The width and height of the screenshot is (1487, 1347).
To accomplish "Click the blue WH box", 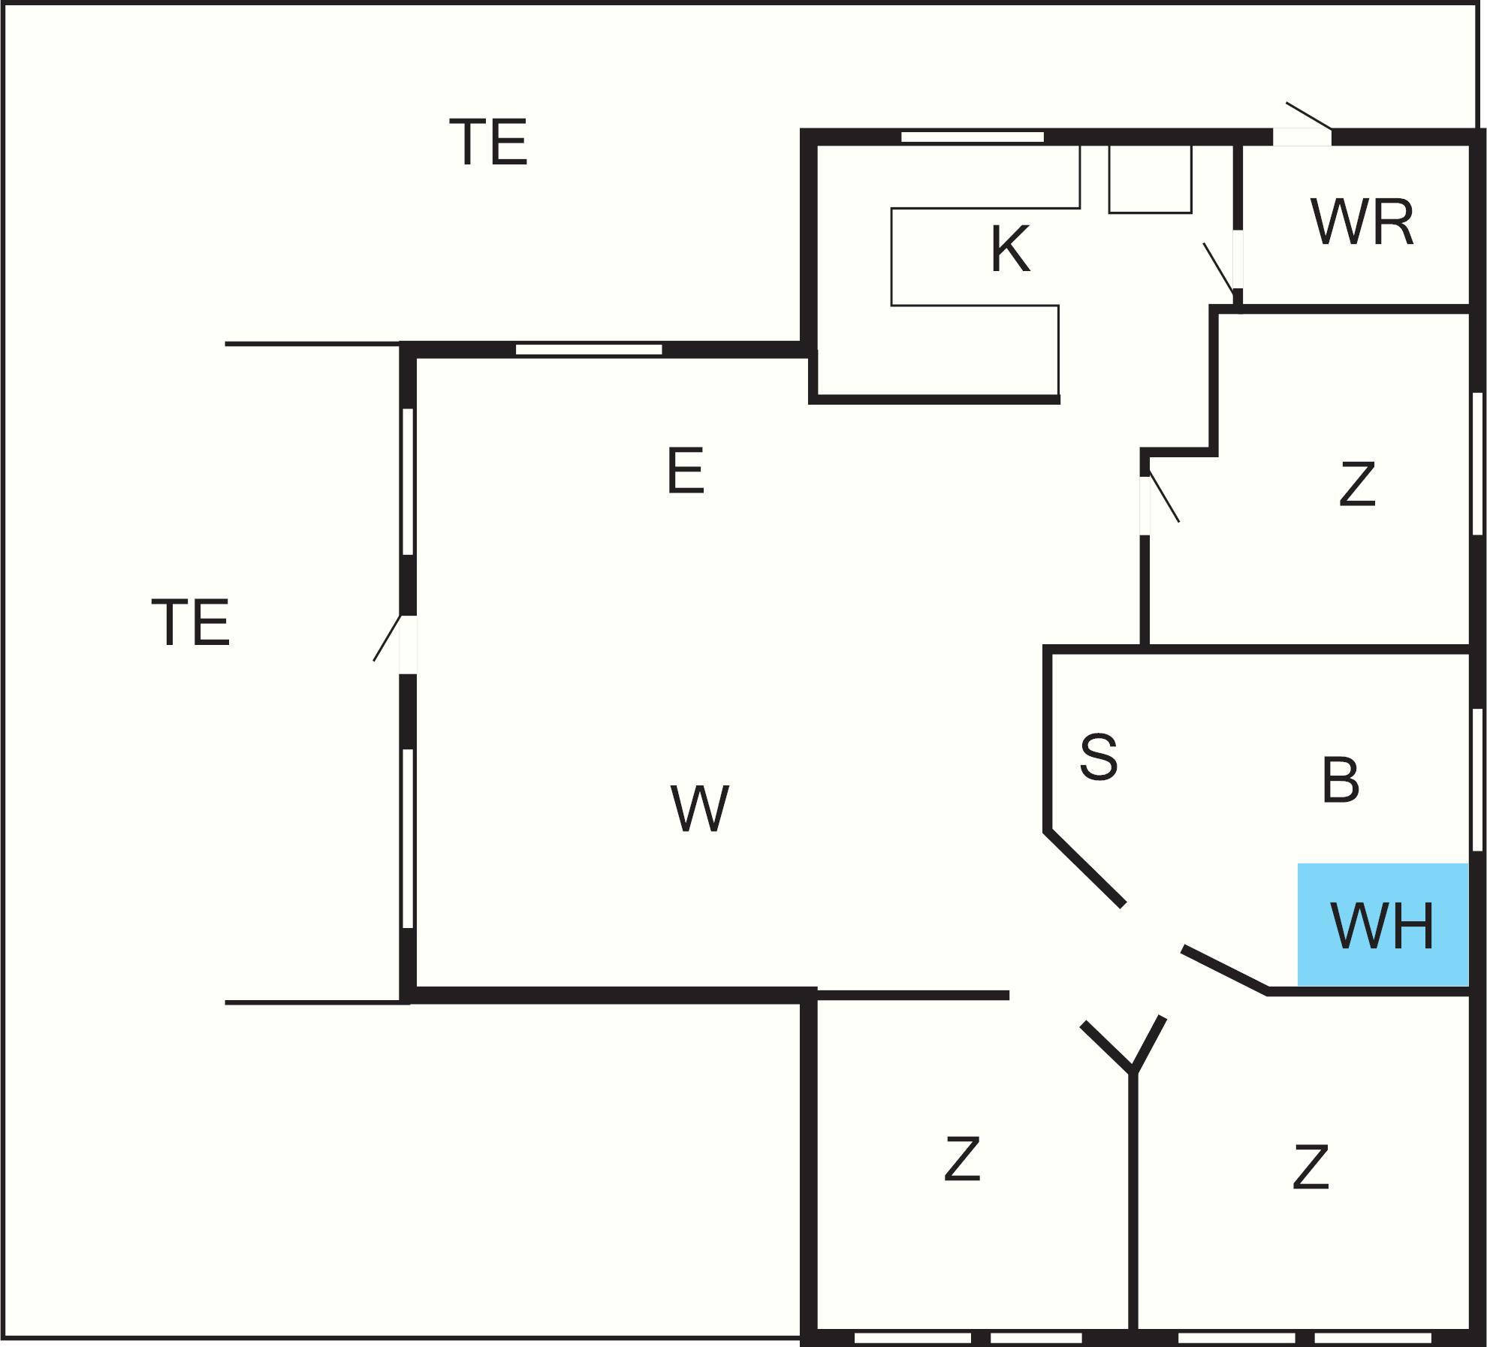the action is pos(1383,924).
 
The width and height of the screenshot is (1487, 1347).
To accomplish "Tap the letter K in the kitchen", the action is pos(1010,249).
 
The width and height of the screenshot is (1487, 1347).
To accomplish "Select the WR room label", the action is pos(1362,222).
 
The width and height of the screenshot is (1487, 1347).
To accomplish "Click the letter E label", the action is pos(686,471).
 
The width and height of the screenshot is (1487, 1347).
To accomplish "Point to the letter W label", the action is pos(699,809).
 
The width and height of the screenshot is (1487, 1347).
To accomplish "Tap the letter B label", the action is pos(1340,780).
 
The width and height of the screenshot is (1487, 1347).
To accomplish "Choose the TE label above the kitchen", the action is pos(489,142).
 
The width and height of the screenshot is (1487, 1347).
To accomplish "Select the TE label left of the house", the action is pos(191,622).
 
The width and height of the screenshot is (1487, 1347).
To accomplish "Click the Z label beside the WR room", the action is pos(1357,484).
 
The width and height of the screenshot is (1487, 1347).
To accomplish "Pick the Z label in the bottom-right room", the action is pos(1311,1167).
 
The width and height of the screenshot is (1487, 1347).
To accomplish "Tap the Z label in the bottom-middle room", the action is pos(962,1159).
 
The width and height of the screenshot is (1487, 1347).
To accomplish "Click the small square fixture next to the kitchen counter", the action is pos(1151,179).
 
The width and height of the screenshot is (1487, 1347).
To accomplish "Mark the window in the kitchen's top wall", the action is pos(973,137).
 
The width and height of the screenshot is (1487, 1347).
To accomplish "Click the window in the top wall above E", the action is pos(589,349).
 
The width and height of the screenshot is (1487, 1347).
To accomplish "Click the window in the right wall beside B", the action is pos(1477,779).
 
